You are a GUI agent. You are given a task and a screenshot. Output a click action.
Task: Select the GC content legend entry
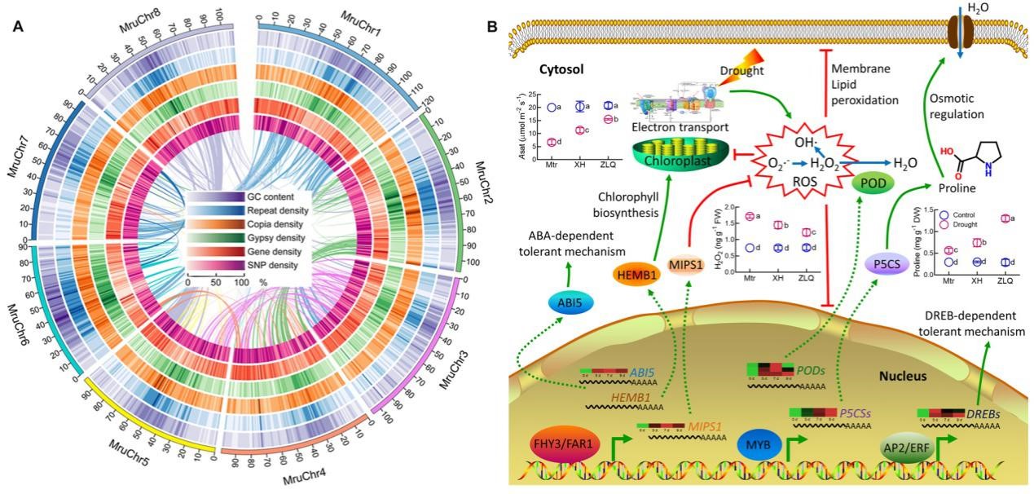click(x=272, y=197)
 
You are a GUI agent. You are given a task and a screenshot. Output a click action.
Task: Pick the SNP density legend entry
click(x=272, y=266)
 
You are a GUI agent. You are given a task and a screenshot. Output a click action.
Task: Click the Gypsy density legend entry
click(x=272, y=238)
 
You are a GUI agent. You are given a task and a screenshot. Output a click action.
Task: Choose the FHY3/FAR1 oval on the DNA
click(x=563, y=447)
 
